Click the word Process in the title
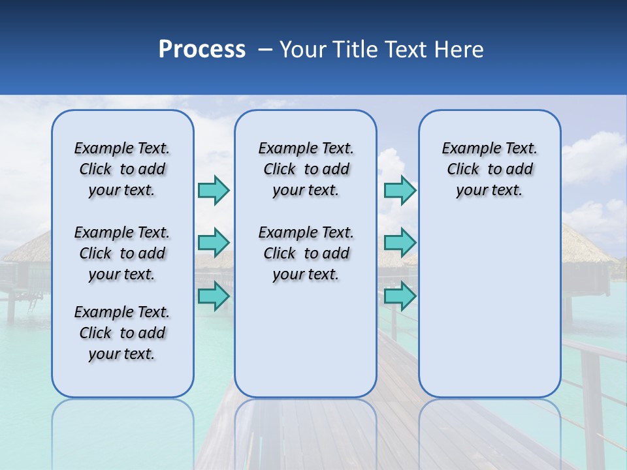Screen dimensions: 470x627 (202, 50)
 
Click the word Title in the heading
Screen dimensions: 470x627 (355, 50)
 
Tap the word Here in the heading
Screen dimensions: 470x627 (459, 50)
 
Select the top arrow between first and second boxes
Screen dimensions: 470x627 (214, 190)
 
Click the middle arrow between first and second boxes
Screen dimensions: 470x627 (214, 243)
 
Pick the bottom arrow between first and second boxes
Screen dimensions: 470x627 (214, 296)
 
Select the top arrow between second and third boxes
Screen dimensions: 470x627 (400, 190)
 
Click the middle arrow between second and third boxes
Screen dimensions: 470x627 (400, 243)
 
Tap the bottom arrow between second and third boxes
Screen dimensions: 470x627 (400, 296)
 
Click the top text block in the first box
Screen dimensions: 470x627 (122, 169)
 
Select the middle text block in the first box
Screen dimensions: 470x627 (122, 253)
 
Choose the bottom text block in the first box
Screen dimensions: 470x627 (122, 333)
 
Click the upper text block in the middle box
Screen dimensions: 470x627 (306, 169)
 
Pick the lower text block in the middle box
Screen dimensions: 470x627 (306, 253)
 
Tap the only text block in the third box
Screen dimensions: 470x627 (489, 169)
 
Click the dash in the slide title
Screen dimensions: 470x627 (265, 50)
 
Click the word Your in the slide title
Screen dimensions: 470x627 (302, 50)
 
